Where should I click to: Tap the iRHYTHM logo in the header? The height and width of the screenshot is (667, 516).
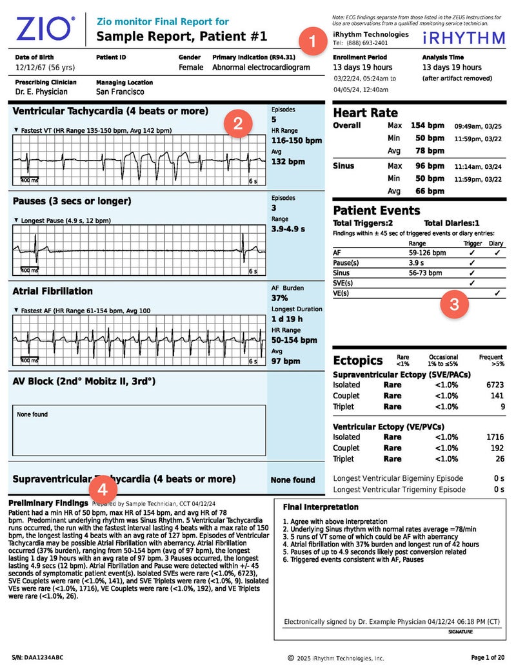tap(464, 37)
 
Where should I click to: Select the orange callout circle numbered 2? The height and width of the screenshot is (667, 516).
tap(237, 124)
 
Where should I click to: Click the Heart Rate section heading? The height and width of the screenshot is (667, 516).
tap(365, 113)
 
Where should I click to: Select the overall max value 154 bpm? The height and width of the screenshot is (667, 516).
tap(427, 126)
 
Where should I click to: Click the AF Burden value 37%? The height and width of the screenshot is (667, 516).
tap(280, 298)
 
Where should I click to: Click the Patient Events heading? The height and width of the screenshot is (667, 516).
tap(376, 211)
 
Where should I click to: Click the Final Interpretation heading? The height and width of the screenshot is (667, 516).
tap(321, 507)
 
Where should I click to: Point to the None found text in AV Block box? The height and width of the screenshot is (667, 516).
tap(32, 414)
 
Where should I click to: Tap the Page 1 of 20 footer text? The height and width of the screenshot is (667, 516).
tap(488, 657)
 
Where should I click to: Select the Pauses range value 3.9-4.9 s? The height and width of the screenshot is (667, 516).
tap(288, 229)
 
